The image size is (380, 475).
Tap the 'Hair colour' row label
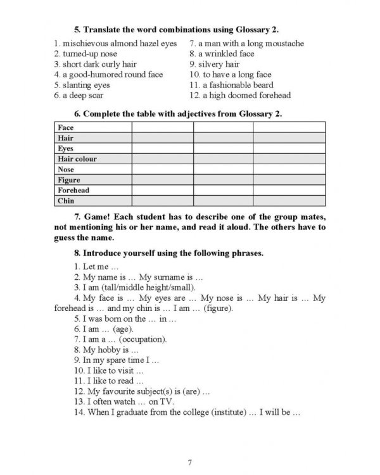pyautogui.click(x=77, y=159)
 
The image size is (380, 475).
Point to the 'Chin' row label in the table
pyautogui.click(x=66, y=201)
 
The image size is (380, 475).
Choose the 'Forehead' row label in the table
pyautogui.click(x=73, y=190)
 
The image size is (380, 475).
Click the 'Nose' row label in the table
pyautogui.click(x=66, y=170)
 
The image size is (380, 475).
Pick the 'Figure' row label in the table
pyautogui.click(x=69, y=180)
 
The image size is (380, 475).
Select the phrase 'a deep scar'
pyautogui.click(x=82, y=96)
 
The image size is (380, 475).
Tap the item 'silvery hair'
pyautogui.click(x=218, y=64)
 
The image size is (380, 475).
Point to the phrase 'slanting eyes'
pyautogui.click(x=85, y=85)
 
